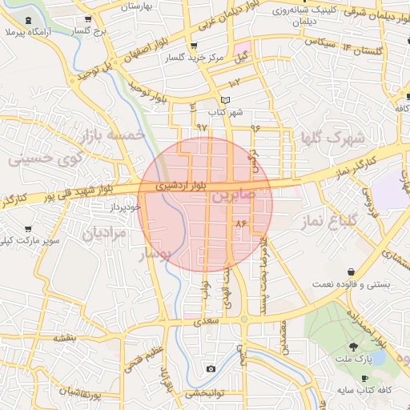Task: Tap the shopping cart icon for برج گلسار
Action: pos(88,19)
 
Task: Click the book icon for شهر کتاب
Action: pos(225,100)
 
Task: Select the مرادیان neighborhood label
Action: pos(105,234)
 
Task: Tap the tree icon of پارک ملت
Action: pos(353,346)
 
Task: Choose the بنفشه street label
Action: pos(63,338)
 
